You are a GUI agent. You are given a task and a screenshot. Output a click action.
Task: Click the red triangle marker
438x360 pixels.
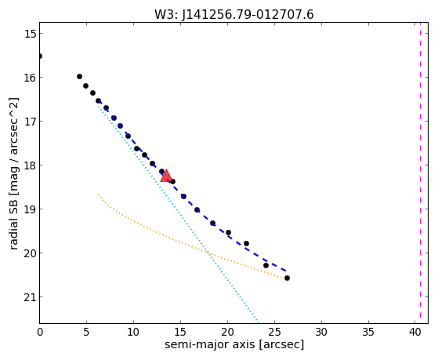(x=166, y=176)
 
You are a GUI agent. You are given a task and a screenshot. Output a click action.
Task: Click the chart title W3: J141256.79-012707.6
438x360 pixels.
(x=234, y=15)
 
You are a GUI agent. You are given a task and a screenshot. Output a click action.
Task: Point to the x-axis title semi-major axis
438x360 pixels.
(x=210, y=344)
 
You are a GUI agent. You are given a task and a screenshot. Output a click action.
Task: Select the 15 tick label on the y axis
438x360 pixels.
(x=30, y=34)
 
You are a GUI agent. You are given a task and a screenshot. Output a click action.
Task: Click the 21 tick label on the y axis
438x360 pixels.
(x=30, y=297)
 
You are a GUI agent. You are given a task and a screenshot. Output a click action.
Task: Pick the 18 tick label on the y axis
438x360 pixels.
(x=30, y=165)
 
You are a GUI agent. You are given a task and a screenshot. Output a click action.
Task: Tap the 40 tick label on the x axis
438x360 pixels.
(x=415, y=332)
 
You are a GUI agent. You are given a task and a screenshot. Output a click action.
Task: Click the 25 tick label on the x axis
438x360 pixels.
(x=274, y=332)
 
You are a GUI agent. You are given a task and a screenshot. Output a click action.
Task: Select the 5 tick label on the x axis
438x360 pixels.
(x=86, y=332)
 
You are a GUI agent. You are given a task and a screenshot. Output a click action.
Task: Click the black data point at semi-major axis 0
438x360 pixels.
(x=40, y=56)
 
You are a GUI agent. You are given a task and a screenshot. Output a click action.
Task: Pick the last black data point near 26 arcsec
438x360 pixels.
(x=287, y=278)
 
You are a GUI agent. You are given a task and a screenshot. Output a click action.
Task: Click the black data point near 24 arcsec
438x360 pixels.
(x=266, y=265)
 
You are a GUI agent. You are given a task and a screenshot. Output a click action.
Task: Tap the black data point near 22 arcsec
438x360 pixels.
(x=246, y=244)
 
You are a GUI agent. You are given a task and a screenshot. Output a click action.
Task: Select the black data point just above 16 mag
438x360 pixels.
(x=79, y=76)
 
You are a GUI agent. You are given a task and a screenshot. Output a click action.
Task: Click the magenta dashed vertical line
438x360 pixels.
(x=420, y=173)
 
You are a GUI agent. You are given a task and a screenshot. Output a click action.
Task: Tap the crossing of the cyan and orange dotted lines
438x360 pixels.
(x=208, y=253)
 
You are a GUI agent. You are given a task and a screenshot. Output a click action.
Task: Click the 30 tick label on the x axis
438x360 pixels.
(x=321, y=332)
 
